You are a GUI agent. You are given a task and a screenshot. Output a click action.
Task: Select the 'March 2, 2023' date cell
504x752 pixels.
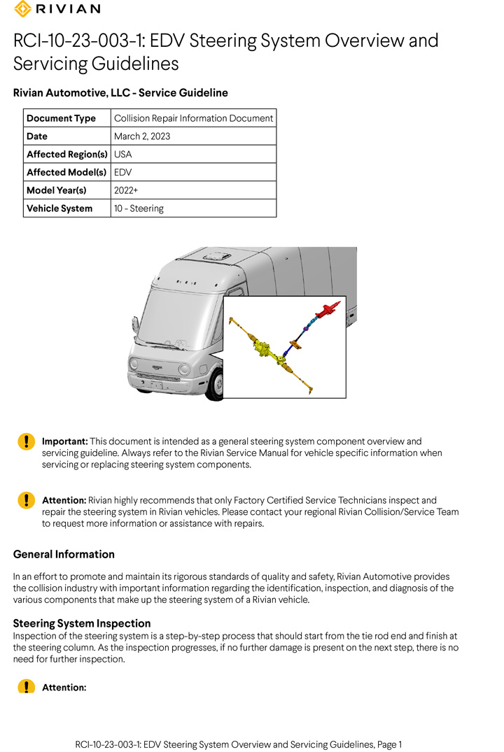click(142, 136)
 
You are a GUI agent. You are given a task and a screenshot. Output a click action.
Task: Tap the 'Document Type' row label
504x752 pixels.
click(61, 118)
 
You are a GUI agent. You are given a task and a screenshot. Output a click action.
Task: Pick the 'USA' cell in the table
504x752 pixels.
click(122, 155)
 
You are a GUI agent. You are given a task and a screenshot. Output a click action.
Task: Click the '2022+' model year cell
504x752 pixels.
click(126, 190)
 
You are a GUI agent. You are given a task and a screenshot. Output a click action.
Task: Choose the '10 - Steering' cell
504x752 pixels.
click(139, 208)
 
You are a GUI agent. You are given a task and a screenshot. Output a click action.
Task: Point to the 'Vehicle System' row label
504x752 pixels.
click(59, 208)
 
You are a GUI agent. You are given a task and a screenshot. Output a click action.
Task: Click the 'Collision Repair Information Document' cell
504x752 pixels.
click(193, 118)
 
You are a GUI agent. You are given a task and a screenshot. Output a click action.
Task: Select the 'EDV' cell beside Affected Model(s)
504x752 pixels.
click(123, 172)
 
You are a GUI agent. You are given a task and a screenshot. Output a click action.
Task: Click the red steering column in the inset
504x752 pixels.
click(328, 311)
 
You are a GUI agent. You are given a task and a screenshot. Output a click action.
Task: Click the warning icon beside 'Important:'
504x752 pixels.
click(26, 441)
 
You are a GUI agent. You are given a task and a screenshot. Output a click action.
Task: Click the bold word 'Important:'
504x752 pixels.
click(65, 441)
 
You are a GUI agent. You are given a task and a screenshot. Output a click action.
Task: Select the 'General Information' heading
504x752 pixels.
click(64, 555)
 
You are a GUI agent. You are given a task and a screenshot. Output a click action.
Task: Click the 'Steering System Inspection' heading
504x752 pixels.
click(82, 623)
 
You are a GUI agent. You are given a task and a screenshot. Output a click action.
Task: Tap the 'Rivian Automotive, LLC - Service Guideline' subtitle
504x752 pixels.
click(120, 93)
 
